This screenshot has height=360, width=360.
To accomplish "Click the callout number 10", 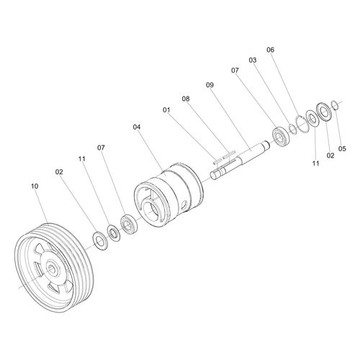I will coord(34,186).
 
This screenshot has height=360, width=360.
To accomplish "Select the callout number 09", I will coord(210,85).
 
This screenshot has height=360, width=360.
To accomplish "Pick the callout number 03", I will coord(252,60).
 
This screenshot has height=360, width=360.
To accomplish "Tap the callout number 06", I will coord(270,50).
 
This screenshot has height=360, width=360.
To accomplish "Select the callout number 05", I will coord(342,148).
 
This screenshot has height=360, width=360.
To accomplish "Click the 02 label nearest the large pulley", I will coord(60,172).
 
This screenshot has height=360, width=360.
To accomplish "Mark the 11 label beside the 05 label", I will coord(315,163).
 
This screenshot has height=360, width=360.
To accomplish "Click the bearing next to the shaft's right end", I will coord(279,135).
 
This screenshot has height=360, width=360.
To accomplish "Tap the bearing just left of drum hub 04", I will coord(128,225).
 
